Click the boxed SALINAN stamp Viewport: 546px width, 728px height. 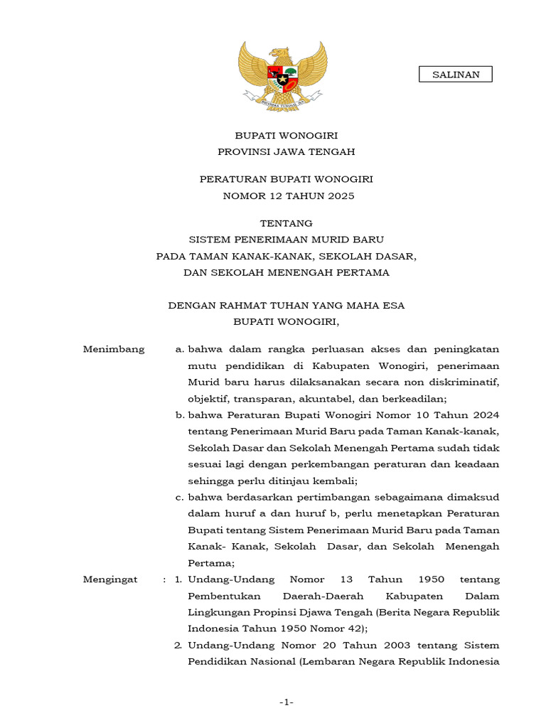click(456, 74)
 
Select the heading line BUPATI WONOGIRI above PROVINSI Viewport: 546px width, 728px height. click(286, 134)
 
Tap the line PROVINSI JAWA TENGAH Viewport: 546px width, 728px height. click(286, 151)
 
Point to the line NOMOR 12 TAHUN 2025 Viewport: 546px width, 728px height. click(286, 196)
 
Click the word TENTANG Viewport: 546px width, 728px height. click(286, 223)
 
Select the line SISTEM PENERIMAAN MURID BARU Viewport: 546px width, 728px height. click(286, 240)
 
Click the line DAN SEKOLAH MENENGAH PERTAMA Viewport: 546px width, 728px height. click(286, 272)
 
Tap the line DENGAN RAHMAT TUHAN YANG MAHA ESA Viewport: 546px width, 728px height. click(286, 306)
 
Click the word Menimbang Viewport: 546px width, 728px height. click(114, 349)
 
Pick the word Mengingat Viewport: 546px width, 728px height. click(110, 579)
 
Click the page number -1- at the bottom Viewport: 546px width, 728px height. click(286, 702)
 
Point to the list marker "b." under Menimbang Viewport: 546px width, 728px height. click(180, 415)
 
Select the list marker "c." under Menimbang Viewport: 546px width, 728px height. click(180, 497)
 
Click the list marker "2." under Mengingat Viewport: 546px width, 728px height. click(179, 646)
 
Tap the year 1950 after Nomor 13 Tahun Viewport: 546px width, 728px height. click(432, 579)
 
